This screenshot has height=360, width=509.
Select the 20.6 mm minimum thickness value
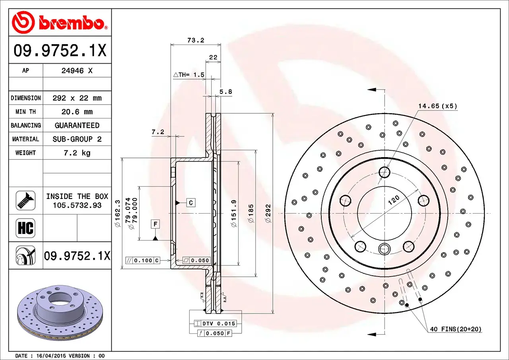(x=77, y=112)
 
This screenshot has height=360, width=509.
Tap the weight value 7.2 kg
(x=77, y=153)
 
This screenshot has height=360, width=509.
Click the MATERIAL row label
(x=25, y=139)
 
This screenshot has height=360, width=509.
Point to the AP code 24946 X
(x=77, y=71)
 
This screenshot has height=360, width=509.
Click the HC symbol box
(x=25, y=228)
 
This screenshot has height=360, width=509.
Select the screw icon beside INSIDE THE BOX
(x=25, y=200)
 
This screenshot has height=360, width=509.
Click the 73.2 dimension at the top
(x=195, y=40)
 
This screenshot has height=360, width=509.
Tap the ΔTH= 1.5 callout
(x=189, y=75)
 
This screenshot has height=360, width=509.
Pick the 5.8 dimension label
(x=225, y=92)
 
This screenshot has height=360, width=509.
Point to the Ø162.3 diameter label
(x=117, y=214)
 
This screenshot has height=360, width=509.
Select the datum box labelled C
(x=191, y=202)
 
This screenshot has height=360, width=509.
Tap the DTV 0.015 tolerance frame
(x=215, y=323)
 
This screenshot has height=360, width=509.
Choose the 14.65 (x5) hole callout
(x=437, y=106)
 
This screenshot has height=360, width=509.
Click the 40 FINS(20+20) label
(x=455, y=329)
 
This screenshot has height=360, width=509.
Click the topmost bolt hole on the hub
(x=385, y=172)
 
